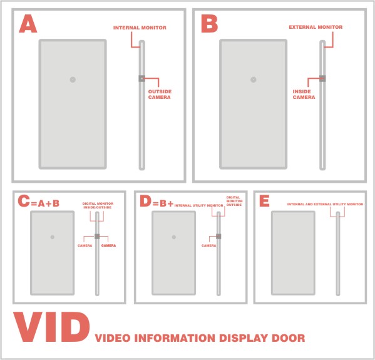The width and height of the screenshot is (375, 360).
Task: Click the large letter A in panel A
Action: point(28,23)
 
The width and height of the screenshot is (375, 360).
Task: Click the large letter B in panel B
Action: point(210,23)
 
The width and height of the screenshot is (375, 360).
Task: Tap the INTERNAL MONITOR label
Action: point(140,28)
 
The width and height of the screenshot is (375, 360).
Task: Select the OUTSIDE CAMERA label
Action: point(160,95)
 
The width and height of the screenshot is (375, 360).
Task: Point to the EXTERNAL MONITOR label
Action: point(316,28)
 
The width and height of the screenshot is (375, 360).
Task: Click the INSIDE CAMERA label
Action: point(304,95)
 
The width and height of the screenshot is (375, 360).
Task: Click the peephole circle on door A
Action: point(73,80)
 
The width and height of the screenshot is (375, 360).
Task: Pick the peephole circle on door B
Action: point(254,80)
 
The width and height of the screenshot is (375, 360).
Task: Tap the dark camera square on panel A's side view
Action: point(142,78)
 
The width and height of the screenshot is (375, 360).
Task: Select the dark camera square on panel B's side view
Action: point(322,78)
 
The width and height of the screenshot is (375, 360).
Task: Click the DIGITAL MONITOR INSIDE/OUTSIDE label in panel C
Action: point(98,205)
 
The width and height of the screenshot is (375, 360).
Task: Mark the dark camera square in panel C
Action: point(97,236)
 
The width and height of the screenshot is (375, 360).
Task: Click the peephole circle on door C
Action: point(53,237)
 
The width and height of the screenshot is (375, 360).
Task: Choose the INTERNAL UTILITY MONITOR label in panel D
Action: point(198,205)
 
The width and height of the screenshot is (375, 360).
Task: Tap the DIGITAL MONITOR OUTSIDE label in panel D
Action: point(234,201)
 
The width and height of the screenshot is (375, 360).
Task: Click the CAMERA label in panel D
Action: point(208,245)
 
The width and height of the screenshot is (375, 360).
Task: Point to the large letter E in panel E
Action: point(265,201)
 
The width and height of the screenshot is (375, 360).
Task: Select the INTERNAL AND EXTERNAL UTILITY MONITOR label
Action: point(326,204)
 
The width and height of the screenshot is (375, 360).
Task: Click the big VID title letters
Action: point(52,327)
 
